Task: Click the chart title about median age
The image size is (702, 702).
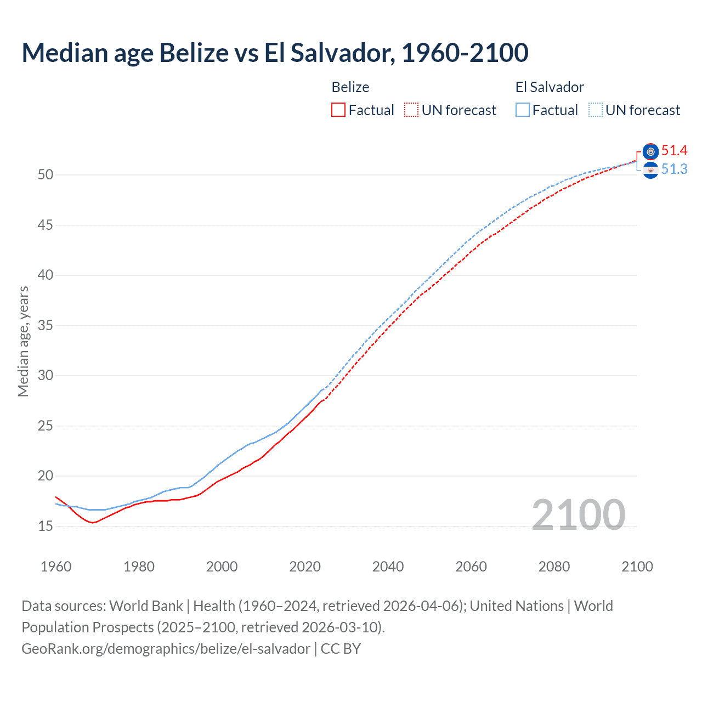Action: pos(275,53)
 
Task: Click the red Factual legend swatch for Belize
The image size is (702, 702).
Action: pos(338,110)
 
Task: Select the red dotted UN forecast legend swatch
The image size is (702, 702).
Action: pos(411,110)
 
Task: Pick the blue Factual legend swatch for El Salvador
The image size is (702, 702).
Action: pos(523,110)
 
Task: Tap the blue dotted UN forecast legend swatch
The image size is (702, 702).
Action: pos(596,110)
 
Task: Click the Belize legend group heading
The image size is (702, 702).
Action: pos(350,87)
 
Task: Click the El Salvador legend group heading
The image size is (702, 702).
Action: pos(550,87)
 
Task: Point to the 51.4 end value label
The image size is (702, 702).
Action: pos(674,151)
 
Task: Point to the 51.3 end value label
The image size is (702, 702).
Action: pos(674,169)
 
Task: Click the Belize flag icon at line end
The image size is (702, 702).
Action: pos(650,151)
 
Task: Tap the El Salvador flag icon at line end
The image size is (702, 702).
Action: pos(650,171)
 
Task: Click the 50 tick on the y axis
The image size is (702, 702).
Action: pos(46,175)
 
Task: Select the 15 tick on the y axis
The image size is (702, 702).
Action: pos(46,526)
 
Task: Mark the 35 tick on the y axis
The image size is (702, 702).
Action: pos(46,326)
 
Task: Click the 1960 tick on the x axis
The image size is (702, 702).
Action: pos(56,567)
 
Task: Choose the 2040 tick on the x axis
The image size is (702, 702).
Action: pos(388,567)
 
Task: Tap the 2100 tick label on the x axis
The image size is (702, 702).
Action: pos(637,567)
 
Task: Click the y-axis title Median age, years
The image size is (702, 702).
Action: pos(23,341)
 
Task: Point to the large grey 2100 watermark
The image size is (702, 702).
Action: pos(578,515)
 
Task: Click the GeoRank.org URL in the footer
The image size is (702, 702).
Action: pos(166,649)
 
